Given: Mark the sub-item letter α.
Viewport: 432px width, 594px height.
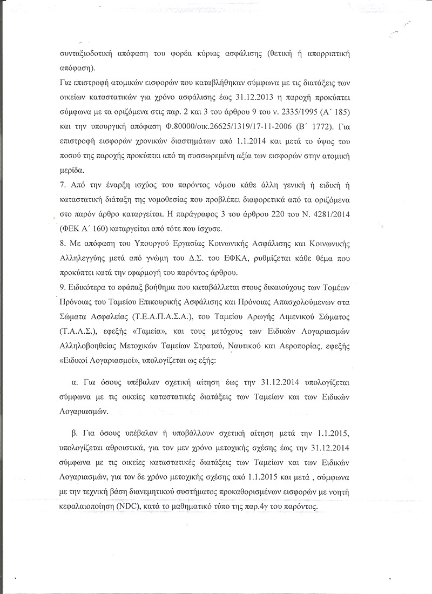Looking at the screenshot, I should (x=75, y=382).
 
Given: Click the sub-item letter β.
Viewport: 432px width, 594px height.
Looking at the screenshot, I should (x=75, y=435).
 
